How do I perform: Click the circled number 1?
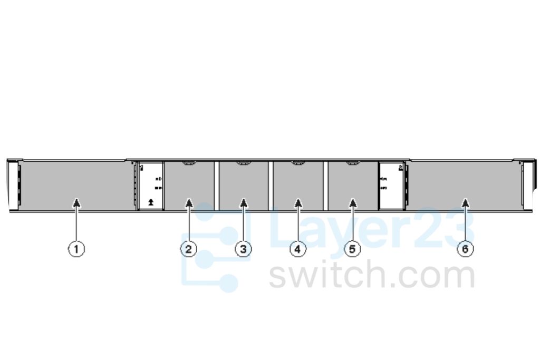(77, 249)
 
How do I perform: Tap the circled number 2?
(188, 249)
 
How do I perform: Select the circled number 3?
(243, 249)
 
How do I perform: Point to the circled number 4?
(298, 249)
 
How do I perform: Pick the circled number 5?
(353, 249)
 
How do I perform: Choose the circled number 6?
(465, 249)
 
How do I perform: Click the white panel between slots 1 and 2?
(151, 186)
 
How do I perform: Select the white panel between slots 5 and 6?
(391, 186)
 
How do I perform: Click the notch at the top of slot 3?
(243, 164)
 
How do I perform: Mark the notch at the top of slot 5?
(353, 164)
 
